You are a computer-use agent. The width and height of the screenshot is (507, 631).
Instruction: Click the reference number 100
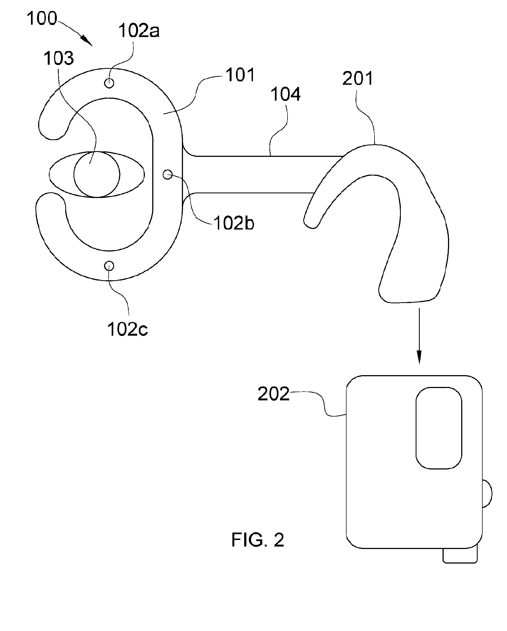(x=42, y=18)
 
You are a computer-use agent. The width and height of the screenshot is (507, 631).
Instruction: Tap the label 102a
(x=139, y=31)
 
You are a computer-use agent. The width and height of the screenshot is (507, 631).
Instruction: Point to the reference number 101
(x=240, y=75)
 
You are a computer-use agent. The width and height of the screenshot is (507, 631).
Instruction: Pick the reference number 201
(x=358, y=78)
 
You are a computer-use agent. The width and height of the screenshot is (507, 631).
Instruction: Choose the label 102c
(x=127, y=329)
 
